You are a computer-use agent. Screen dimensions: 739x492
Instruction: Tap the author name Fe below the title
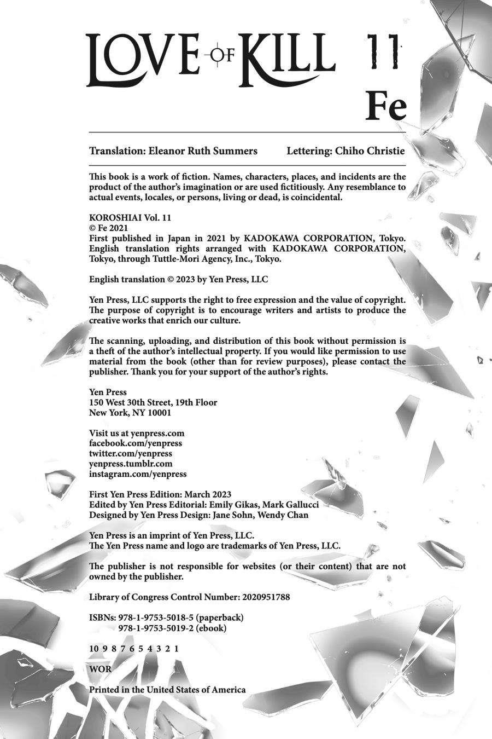tap(386, 107)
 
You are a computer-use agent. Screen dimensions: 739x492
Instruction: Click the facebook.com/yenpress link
tap(136, 443)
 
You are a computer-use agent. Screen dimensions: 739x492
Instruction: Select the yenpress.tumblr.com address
tap(131, 464)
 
